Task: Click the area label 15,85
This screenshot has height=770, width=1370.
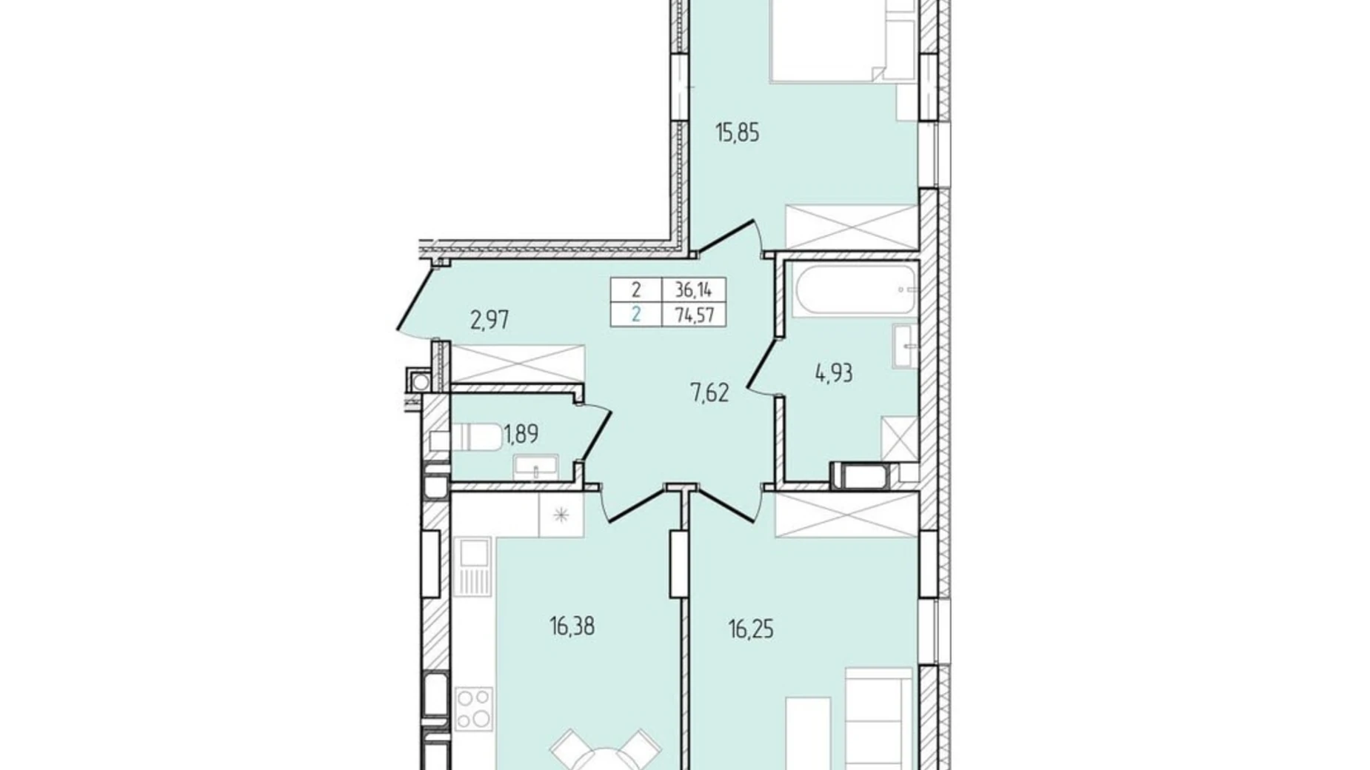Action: point(737,134)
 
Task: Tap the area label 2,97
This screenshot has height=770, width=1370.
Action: point(489,321)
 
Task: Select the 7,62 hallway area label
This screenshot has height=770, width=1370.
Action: point(709,393)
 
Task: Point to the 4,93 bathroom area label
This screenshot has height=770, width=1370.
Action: point(834,373)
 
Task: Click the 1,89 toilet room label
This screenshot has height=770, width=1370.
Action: point(521,434)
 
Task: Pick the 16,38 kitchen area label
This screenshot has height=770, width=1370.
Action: point(572,627)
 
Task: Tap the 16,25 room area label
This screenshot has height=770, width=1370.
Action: point(751,630)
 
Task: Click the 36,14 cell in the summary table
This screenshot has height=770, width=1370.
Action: point(693,290)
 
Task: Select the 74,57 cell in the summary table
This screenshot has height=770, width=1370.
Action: point(693,315)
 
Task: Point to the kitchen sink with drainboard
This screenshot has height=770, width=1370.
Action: point(474,565)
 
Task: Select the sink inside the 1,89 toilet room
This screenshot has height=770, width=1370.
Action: point(536,466)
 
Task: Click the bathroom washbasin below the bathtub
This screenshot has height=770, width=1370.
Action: point(905,346)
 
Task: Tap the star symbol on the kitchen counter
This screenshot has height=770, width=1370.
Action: point(561,514)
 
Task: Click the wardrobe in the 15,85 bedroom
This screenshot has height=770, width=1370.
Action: point(852,227)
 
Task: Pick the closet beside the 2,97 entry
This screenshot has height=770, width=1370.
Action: point(518,364)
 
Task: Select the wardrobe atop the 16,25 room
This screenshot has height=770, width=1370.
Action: point(846,515)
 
